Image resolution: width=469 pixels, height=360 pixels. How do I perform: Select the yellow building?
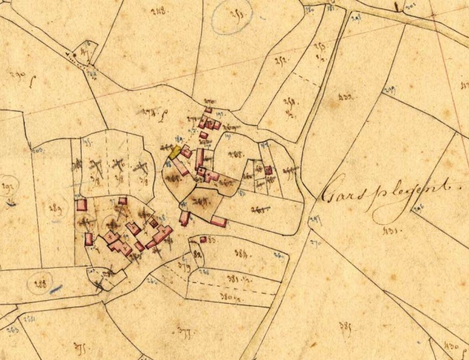[174, 152]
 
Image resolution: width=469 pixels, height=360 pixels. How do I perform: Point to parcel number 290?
[17, 75]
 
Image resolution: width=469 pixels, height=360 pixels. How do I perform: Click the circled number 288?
[40, 284]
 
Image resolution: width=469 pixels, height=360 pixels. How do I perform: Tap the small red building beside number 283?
[203, 240]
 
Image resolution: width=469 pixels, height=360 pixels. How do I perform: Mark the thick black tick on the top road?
[398, 8]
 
